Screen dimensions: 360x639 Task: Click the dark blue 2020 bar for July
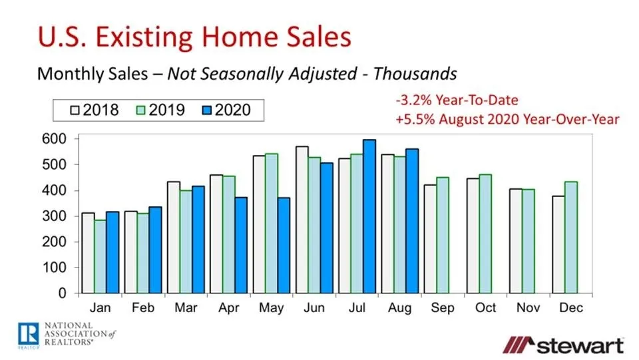[369, 216]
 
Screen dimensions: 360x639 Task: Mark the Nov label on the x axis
[529, 309]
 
